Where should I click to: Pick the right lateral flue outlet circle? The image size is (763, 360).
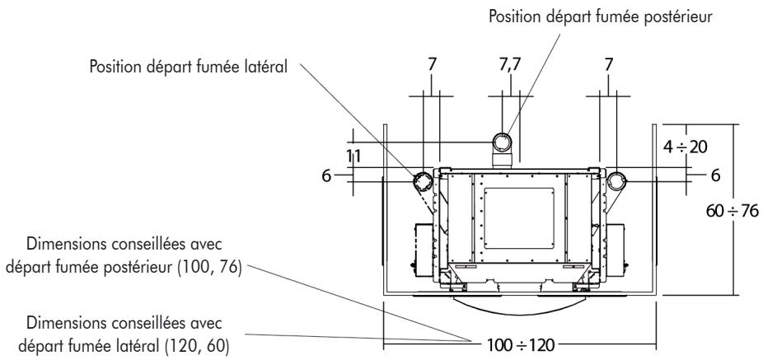point(616,179)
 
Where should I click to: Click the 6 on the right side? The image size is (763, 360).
point(715,176)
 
